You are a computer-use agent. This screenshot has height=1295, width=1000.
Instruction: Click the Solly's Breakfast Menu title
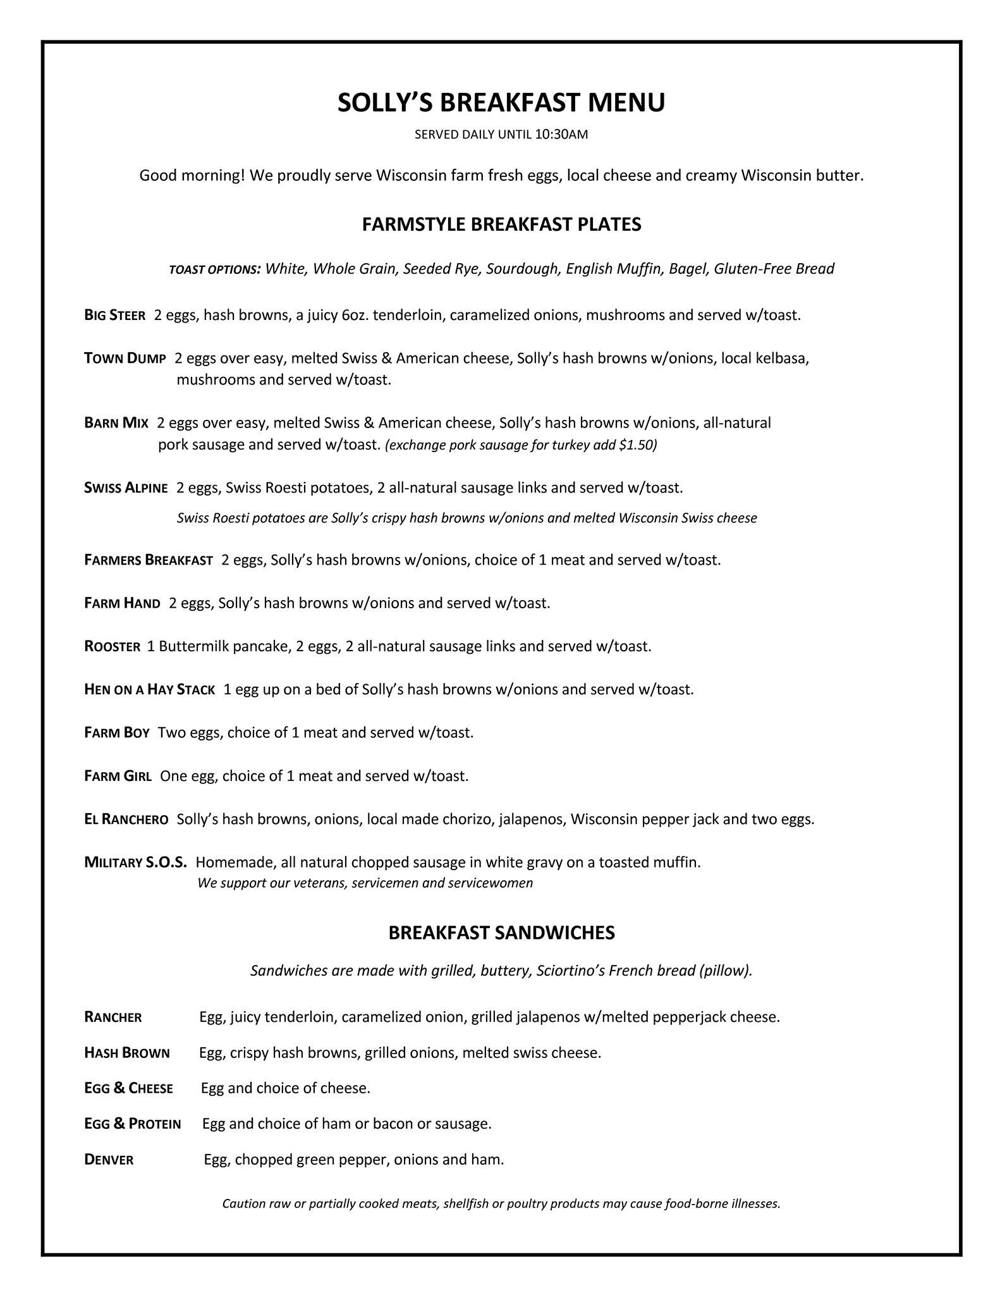(501, 102)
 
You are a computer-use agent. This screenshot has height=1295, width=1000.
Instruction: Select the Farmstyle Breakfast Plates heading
(501, 224)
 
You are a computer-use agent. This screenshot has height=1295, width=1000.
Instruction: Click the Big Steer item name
(115, 315)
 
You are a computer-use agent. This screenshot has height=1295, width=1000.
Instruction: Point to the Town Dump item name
(125, 359)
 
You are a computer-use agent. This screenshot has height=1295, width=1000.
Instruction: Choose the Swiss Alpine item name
(126, 488)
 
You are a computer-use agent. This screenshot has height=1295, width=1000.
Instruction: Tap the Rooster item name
(112, 646)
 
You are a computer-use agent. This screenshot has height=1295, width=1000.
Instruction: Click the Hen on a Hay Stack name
(149, 689)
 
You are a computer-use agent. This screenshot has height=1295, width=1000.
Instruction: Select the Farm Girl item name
(118, 776)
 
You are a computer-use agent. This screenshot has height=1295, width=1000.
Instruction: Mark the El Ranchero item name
(126, 819)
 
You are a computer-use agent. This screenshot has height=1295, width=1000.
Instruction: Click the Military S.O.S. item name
(135, 862)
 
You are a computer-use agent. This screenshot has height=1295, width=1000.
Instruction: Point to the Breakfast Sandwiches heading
(501, 933)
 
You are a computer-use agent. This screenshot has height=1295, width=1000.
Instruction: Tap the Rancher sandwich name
(113, 1017)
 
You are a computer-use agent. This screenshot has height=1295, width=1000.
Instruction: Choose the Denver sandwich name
(109, 1160)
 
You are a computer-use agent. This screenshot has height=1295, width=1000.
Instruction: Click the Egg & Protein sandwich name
(133, 1124)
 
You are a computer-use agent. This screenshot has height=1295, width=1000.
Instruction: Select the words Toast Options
(215, 270)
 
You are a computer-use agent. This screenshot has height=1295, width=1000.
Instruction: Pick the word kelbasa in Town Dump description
(783, 359)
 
